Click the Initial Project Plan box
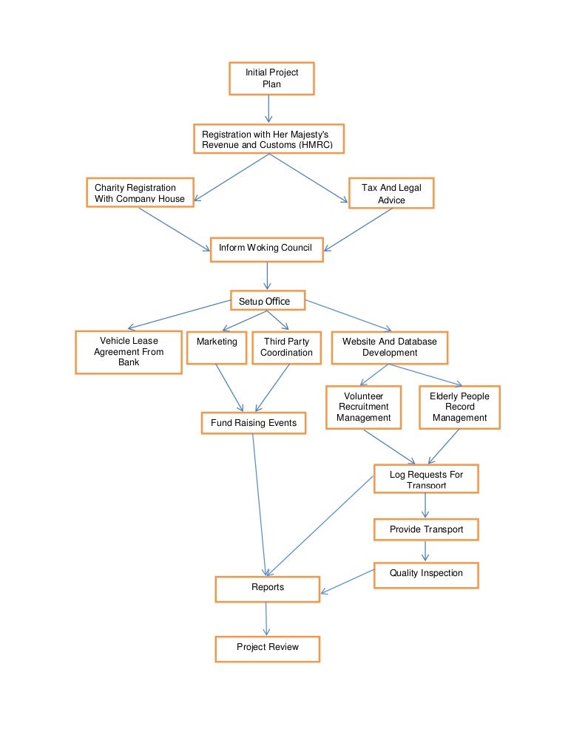271,78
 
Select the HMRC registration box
267,139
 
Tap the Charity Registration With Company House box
140,192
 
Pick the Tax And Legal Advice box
391,193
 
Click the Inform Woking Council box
267,248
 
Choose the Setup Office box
267,301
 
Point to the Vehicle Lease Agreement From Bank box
129,352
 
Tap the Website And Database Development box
390,348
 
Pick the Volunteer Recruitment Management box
364,407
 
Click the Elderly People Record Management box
459,407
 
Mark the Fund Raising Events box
254,423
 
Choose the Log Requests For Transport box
426,478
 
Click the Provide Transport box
426,529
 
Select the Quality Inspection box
426,574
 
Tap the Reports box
267,588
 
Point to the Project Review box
267,648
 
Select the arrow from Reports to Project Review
266,618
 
